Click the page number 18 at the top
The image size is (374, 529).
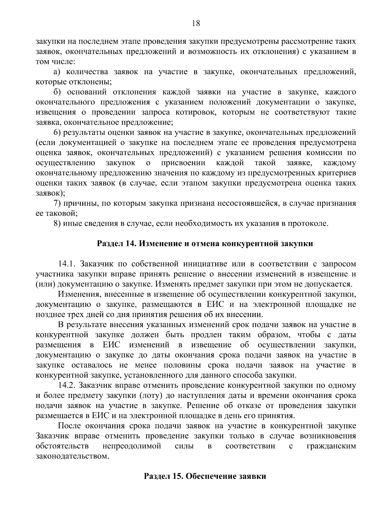click(x=196, y=23)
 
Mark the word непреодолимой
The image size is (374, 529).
click(x=132, y=446)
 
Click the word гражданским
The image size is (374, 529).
click(x=331, y=446)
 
